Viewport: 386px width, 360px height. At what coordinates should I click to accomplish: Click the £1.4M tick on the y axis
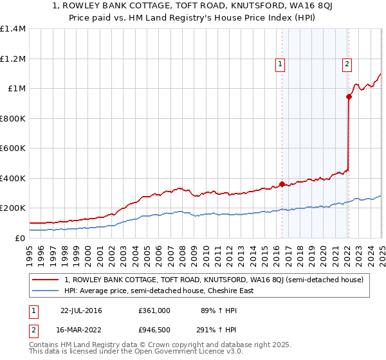(13, 29)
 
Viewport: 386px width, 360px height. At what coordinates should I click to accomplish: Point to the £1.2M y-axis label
(13, 59)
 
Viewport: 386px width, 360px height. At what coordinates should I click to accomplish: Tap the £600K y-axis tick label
(13, 148)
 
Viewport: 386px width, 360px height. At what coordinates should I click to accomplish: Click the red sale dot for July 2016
(282, 184)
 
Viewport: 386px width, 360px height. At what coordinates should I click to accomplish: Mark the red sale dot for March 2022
(349, 97)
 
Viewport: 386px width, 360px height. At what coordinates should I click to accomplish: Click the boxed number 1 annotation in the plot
(281, 64)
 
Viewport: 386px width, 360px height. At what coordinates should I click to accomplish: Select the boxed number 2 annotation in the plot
(347, 64)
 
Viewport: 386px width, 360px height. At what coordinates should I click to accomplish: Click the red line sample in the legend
(47, 280)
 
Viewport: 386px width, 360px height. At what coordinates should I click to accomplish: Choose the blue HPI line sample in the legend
(47, 291)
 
